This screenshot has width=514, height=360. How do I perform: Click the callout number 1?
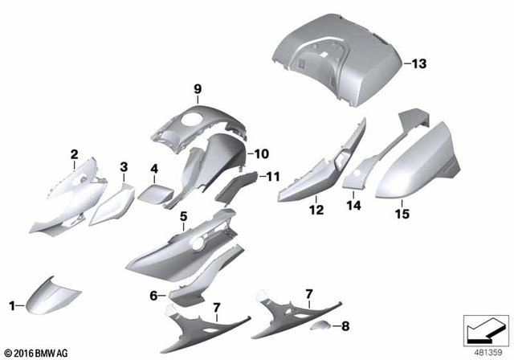point(11,305)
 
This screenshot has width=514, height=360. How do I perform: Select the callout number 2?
point(74,153)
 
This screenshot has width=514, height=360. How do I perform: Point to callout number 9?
point(194,88)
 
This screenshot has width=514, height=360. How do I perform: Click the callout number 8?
point(345,327)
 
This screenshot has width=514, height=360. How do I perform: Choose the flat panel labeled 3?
point(110,206)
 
